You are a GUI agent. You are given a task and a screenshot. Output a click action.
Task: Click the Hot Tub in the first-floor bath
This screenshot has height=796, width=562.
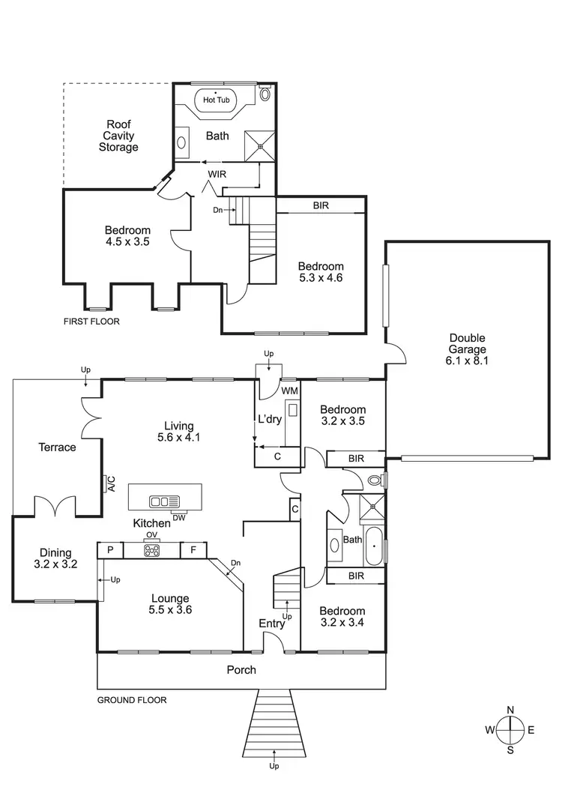(x=217, y=100)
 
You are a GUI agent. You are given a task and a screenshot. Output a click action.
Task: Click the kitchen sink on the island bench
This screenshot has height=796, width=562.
(x=164, y=501)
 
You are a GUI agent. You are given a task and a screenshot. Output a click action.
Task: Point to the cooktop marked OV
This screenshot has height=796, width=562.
(x=152, y=550)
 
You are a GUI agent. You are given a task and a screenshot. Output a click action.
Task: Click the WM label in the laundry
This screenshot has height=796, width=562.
(x=289, y=391)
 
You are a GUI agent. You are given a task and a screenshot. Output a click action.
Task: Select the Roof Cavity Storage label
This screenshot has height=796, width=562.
(x=118, y=136)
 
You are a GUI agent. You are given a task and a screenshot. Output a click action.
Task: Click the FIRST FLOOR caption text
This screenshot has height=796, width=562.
(x=92, y=321)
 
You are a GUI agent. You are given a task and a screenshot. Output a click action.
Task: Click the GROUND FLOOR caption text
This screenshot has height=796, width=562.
(x=132, y=700)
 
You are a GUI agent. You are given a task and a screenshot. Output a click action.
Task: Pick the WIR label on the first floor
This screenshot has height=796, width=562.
(x=217, y=175)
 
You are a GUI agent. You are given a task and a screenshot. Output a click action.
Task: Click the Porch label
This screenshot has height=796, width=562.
(x=241, y=669)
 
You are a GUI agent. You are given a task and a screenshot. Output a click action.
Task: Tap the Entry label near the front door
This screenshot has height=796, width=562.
(x=272, y=624)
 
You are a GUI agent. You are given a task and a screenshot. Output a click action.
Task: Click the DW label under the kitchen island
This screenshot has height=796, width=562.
(x=179, y=517)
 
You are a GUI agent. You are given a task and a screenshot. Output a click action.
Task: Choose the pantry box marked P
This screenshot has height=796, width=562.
(x=110, y=550)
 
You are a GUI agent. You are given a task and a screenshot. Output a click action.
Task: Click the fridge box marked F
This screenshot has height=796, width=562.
(x=193, y=550)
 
